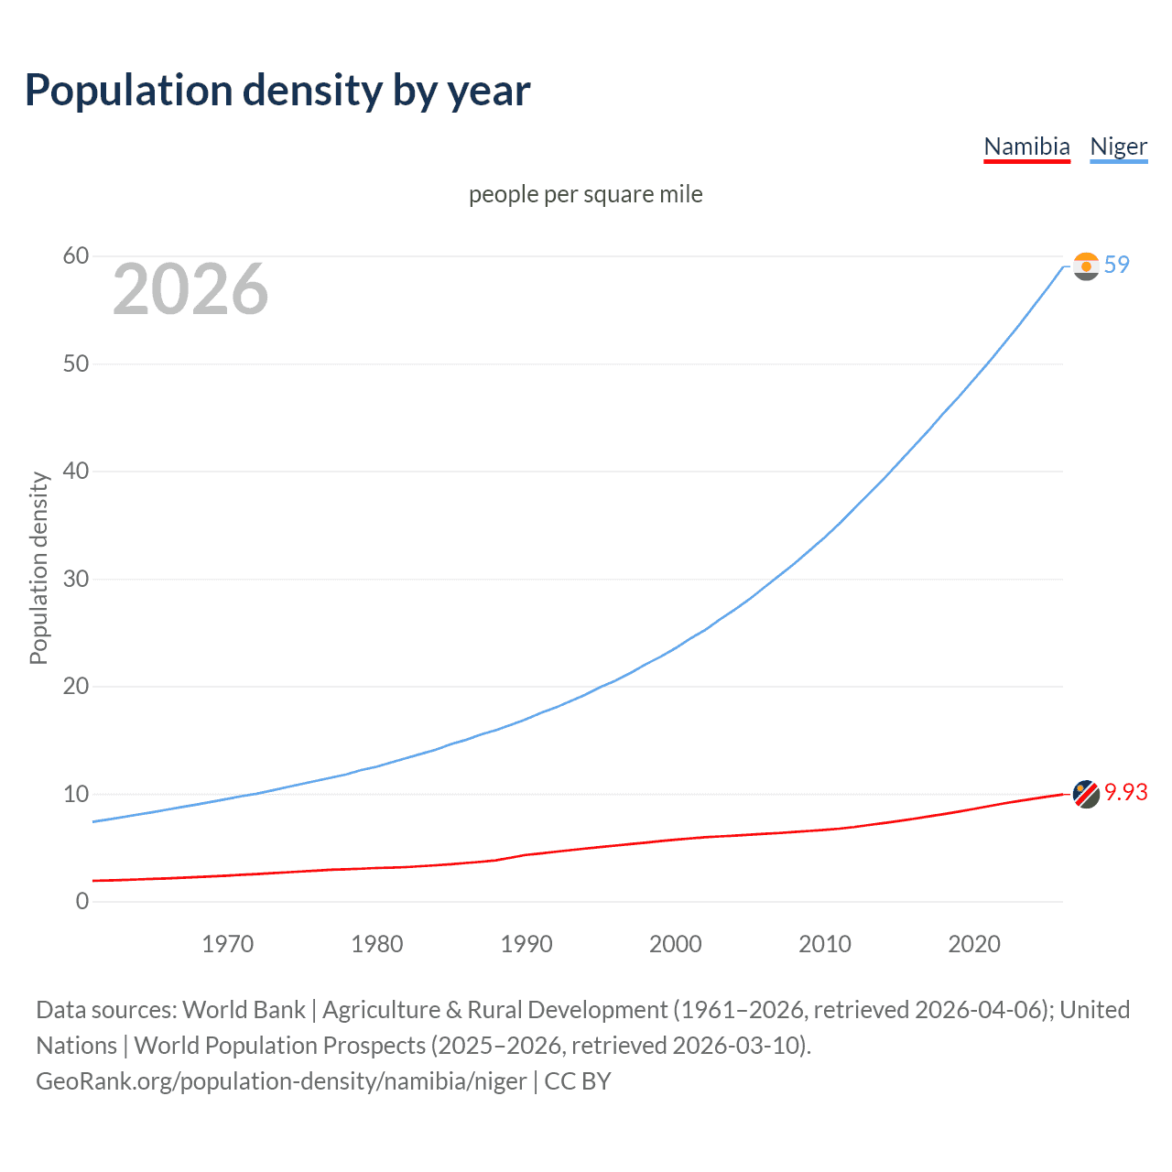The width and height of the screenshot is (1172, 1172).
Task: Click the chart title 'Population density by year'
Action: [x=277, y=91]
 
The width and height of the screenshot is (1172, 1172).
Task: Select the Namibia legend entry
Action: [x=1026, y=146]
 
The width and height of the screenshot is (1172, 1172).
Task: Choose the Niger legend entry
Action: [x=1118, y=146]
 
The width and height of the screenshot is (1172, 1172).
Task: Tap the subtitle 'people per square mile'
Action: [x=585, y=194]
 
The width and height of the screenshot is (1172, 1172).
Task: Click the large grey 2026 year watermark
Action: [x=190, y=289]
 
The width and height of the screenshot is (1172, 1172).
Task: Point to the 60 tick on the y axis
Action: [x=76, y=256]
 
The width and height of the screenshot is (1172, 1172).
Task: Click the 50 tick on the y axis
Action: [x=76, y=364]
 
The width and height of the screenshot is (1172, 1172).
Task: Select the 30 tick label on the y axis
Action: [x=76, y=579]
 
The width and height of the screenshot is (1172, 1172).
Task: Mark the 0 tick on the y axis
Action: [x=82, y=901]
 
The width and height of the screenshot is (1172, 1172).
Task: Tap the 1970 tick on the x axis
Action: [x=227, y=944]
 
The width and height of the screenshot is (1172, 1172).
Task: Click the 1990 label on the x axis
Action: [x=526, y=944]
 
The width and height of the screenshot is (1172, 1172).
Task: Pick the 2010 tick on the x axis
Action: [x=825, y=944]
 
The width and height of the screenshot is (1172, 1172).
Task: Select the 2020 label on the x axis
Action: [x=974, y=944]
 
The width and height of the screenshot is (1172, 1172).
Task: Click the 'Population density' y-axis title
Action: [x=38, y=568]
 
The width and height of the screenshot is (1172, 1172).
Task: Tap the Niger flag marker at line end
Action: [x=1086, y=266]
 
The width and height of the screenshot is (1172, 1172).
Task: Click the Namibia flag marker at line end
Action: [x=1086, y=794]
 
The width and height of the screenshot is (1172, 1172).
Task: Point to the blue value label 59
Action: [x=1117, y=265]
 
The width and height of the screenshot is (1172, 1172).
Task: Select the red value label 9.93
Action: [x=1125, y=792]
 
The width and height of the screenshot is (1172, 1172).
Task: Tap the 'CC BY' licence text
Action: [x=577, y=1081]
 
